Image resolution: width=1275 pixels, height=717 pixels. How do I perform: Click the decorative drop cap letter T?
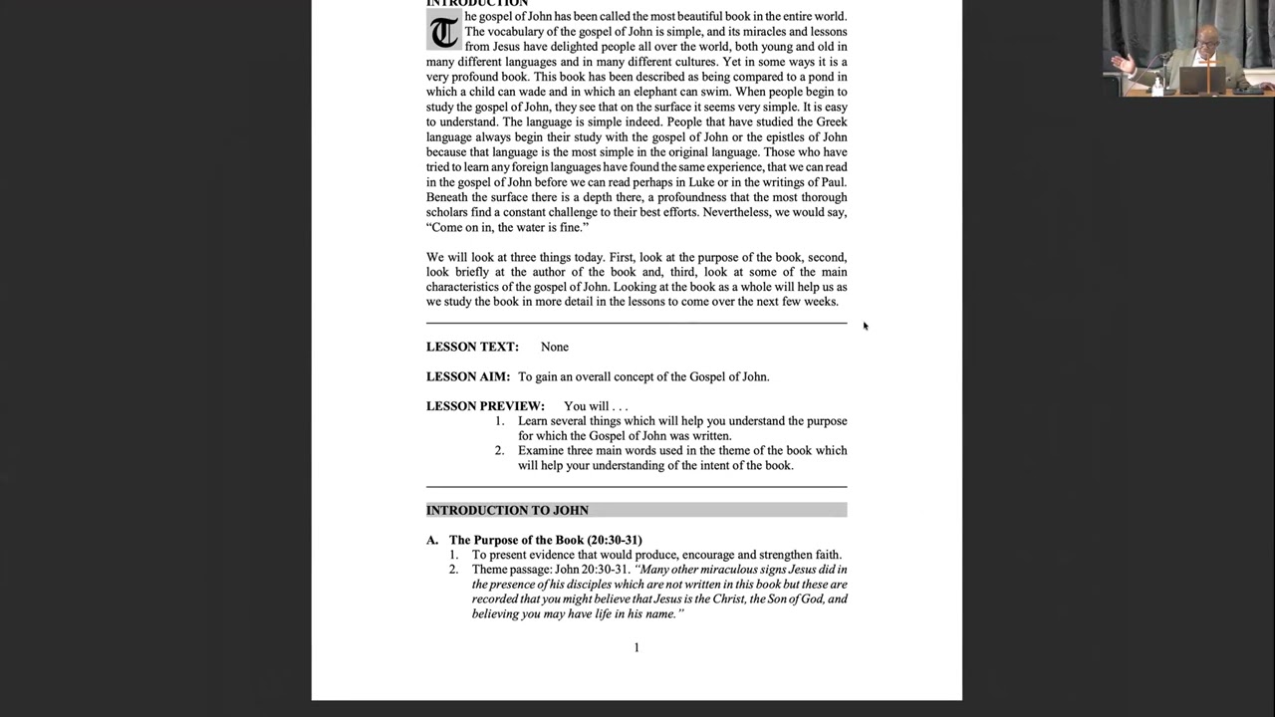[x=443, y=32]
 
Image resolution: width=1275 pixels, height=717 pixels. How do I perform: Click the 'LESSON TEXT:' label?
[x=472, y=347]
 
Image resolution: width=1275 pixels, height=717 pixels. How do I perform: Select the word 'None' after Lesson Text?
[x=555, y=347]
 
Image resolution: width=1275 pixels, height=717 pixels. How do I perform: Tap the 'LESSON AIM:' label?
[x=468, y=376]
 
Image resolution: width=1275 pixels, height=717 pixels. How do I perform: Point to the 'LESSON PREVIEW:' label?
[x=485, y=406]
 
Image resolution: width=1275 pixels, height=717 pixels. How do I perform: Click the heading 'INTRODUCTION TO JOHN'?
[x=507, y=510]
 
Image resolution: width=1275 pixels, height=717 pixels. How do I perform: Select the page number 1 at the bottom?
[x=637, y=647]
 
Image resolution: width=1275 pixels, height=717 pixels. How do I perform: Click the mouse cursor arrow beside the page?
[x=865, y=325]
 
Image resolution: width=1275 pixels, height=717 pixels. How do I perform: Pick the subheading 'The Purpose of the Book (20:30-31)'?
[x=545, y=540]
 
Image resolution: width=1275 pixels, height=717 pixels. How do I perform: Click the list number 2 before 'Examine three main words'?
[x=499, y=450]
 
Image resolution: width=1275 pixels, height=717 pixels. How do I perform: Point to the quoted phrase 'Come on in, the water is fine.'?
[x=508, y=227]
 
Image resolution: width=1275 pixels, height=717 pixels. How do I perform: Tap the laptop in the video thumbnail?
[x=1201, y=79]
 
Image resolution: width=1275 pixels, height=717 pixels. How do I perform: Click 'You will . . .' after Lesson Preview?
[x=596, y=406]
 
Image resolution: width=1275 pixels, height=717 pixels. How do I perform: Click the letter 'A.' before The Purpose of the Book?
[x=432, y=540]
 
